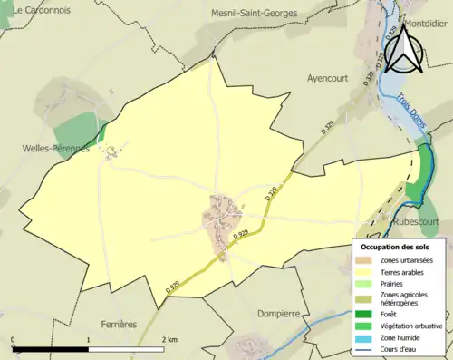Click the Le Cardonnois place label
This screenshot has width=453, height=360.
tap(43, 10)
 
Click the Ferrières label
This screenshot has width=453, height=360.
tap(113, 324)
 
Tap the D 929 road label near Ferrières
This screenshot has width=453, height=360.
tap(173, 284)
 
